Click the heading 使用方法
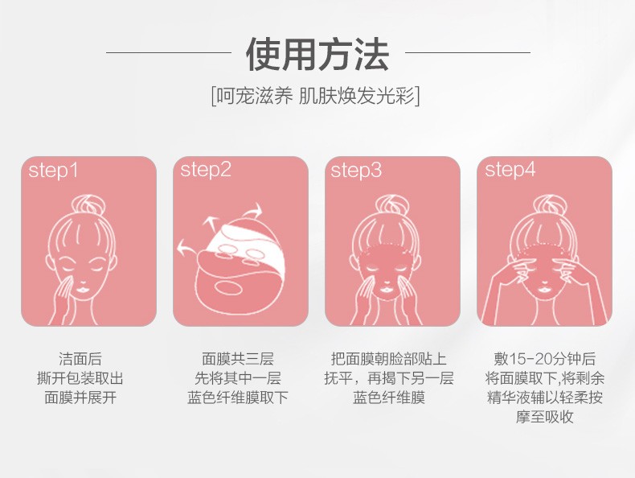[x=317, y=54]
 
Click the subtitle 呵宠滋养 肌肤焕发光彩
[x=315, y=97]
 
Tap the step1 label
[x=53, y=171]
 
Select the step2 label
[x=206, y=170]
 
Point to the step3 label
[x=356, y=170]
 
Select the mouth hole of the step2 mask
[x=228, y=288]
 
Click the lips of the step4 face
[x=545, y=291]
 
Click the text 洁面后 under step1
[x=80, y=359]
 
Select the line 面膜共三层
[x=238, y=359]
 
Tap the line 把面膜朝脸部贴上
[x=389, y=359]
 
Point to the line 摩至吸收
[x=545, y=417]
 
